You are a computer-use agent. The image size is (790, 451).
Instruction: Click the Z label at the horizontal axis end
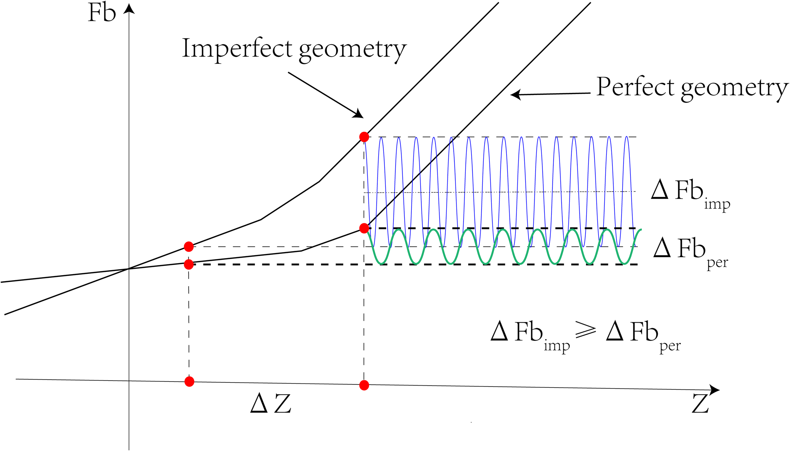click(700, 404)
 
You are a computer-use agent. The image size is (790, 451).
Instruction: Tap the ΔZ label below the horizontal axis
click(270, 403)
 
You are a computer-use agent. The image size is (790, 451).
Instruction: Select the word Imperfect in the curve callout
click(237, 48)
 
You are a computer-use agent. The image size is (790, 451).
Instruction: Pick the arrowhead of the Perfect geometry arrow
click(515, 94)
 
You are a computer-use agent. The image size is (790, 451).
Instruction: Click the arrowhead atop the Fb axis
click(129, 9)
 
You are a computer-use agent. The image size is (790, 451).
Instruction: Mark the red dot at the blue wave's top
click(364, 137)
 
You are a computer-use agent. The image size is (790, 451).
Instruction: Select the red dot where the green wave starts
click(364, 228)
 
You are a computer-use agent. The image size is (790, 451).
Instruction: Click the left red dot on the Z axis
click(189, 382)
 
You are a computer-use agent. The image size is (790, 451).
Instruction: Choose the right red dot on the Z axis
click(364, 385)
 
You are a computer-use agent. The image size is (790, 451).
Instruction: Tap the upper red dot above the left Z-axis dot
click(189, 247)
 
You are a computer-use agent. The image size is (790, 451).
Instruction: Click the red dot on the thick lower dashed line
click(189, 264)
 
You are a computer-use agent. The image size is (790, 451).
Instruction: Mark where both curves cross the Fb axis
click(129, 269)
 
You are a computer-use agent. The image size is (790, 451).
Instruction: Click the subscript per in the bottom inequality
click(670, 347)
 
